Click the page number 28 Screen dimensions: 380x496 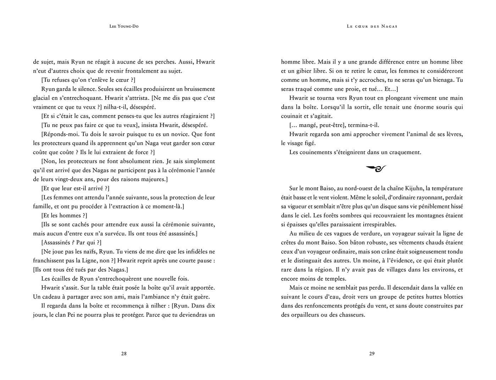pyautogui.click(x=124, y=353)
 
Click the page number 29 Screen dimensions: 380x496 pyautogui.click(x=372, y=353)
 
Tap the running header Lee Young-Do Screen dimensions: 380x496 pyautogui.click(x=124, y=26)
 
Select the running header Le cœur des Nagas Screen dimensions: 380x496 pyautogui.click(x=372, y=26)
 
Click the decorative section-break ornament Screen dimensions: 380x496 pyautogui.click(x=375, y=169)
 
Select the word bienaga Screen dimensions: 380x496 pyautogui.click(x=443, y=80)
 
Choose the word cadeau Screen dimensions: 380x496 pyautogui.click(x=51, y=297)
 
